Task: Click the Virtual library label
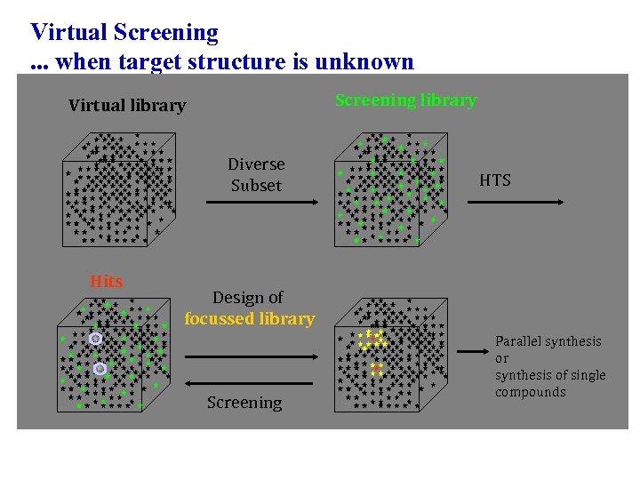127,106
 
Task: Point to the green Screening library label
405,100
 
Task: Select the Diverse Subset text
256,175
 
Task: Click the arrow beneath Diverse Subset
260,203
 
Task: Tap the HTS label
495,180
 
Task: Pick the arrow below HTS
516,203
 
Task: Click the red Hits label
107,282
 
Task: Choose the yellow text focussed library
250,318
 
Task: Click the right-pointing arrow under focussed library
251,356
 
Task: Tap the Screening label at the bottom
244,403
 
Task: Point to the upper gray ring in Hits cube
95,339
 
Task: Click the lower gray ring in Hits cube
100,368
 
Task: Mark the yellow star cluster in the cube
371,339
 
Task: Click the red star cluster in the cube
377,369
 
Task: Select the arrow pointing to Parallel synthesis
470,353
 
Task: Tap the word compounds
531,392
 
